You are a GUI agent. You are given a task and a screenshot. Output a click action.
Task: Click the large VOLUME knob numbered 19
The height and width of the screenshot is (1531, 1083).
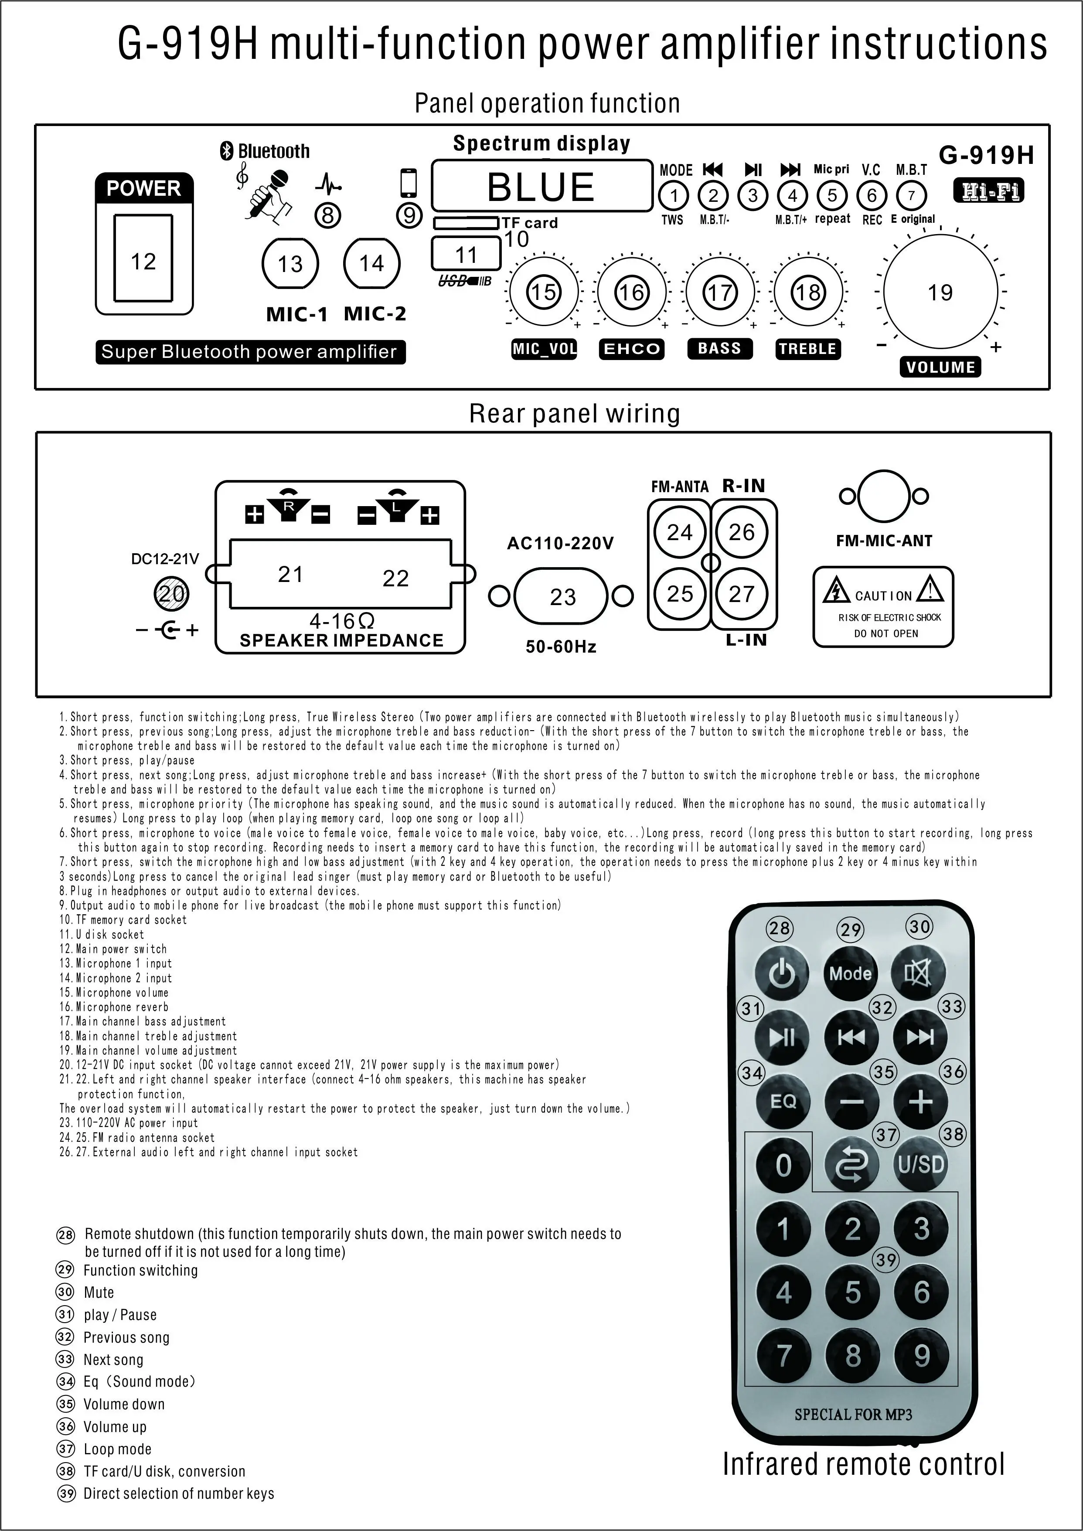coord(940,292)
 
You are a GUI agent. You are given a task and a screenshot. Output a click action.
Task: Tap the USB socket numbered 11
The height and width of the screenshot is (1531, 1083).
coord(466,254)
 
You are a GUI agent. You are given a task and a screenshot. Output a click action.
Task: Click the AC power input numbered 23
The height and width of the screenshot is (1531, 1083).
coord(562,596)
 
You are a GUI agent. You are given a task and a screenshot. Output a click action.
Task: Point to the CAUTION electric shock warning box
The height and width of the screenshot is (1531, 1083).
coord(883,607)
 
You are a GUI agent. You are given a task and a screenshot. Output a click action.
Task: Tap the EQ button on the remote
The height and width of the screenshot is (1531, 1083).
coord(783,1101)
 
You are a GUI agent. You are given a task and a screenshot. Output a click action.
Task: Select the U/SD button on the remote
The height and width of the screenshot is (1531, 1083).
coord(920,1165)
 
